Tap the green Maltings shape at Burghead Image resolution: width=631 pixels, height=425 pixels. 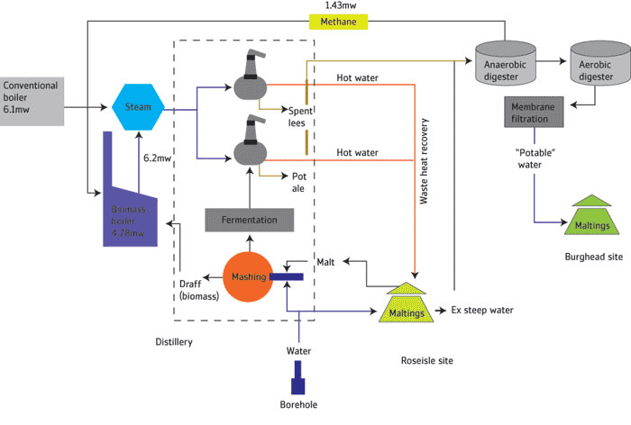[591, 217]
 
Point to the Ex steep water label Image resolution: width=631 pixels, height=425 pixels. [482, 311]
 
